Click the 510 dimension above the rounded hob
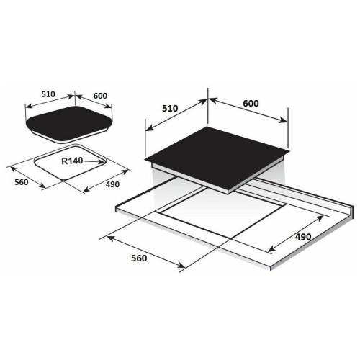(48, 94)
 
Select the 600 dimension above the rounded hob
(100, 96)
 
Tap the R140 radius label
(72, 161)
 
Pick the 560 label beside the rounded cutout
(22, 182)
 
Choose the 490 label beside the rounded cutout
(112, 184)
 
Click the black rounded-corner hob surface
(69, 123)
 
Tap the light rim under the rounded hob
(70, 138)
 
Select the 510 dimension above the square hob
(170, 109)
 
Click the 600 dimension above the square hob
(251, 104)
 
